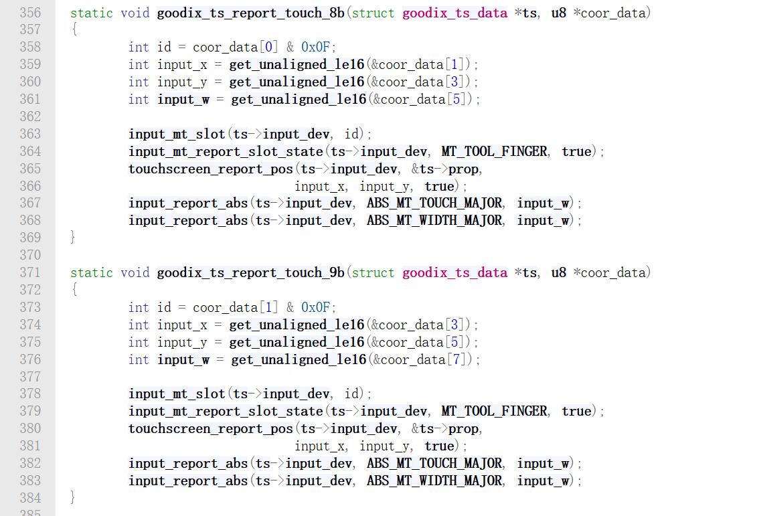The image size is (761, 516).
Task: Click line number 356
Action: (29, 13)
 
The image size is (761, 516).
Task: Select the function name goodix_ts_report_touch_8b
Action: (250, 13)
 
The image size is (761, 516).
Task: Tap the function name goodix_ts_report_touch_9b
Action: (250, 272)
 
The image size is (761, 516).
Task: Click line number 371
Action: (29, 272)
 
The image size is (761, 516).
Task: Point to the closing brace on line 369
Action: (73, 238)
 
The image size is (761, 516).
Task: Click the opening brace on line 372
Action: (73, 290)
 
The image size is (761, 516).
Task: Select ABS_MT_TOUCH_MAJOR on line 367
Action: (434, 203)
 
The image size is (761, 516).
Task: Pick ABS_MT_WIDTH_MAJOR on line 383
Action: (434, 481)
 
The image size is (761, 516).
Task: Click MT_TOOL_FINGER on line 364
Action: (494, 151)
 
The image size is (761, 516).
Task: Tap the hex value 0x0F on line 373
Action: (316, 307)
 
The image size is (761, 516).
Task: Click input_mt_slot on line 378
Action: (177, 394)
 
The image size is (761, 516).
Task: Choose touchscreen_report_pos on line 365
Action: (211, 169)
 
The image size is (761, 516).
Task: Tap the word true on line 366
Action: (439, 186)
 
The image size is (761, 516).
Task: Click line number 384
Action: (29, 498)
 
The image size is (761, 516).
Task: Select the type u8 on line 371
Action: (559, 272)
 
